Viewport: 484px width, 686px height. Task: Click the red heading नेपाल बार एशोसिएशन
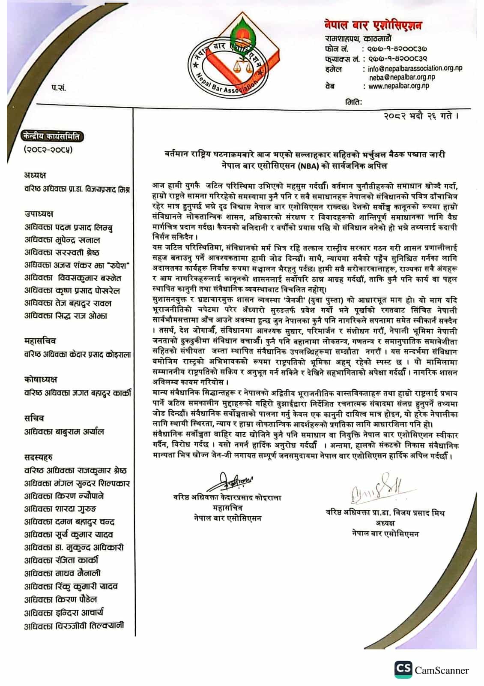tap(372, 25)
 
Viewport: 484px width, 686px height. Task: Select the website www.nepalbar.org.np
tap(399, 86)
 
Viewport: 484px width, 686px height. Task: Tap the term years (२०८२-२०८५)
tap(48, 150)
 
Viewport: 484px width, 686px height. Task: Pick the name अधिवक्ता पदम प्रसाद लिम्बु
tap(69, 227)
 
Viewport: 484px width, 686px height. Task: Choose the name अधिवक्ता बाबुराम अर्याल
tap(64, 432)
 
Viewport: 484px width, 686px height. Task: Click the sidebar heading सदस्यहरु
tap(39, 457)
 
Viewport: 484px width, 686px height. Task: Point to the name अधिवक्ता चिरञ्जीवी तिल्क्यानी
tap(74, 626)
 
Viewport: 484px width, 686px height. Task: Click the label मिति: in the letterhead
tap(354, 102)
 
